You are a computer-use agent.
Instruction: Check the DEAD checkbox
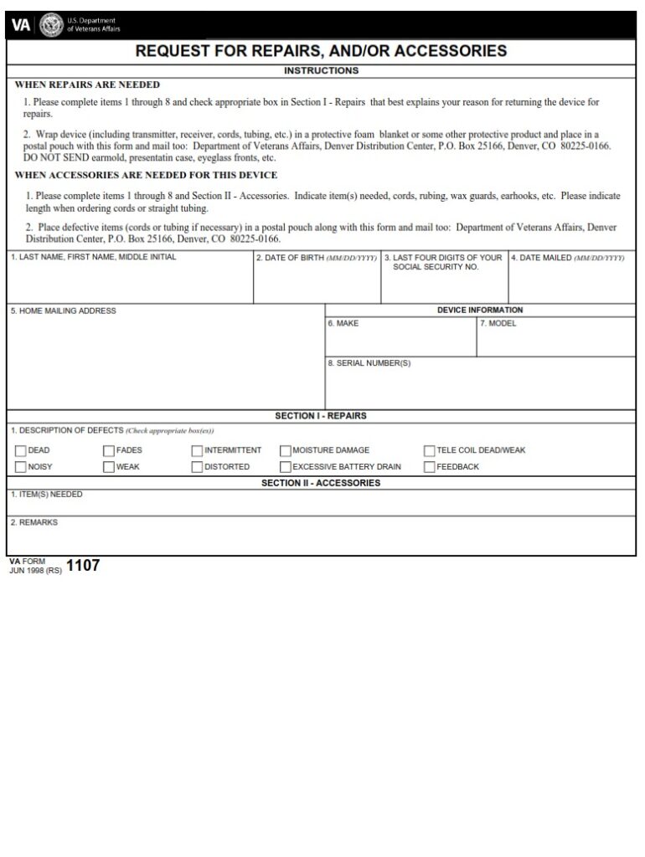pyautogui.click(x=20, y=450)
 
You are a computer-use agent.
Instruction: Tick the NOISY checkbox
pyautogui.click(x=20, y=467)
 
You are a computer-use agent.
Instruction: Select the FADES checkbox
pyautogui.click(x=109, y=450)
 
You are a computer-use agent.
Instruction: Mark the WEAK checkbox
pyautogui.click(x=109, y=467)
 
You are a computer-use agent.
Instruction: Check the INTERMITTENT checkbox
pyautogui.click(x=197, y=450)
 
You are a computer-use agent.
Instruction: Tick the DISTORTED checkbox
pyautogui.click(x=197, y=467)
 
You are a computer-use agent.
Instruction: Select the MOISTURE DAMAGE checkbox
pyautogui.click(x=286, y=450)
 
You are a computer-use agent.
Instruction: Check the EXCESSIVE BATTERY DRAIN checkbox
pyautogui.click(x=286, y=467)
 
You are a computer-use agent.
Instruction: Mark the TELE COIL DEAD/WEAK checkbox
pyautogui.click(x=430, y=450)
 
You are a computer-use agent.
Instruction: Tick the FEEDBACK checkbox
pyautogui.click(x=430, y=467)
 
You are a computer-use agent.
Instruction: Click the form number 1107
pyautogui.click(x=83, y=566)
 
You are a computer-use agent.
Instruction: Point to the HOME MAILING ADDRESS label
pyautogui.click(x=64, y=311)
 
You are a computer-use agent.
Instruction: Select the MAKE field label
pyautogui.click(x=343, y=323)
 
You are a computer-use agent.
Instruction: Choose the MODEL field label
pyautogui.click(x=498, y=323)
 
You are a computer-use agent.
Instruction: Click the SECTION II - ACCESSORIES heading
pyautogui.click(x=321, y=483)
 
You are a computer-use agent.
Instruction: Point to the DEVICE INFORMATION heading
pyautogui.click(x=480, y=310)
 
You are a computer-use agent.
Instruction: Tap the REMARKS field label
pyautogui.click(x=34, y=522)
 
